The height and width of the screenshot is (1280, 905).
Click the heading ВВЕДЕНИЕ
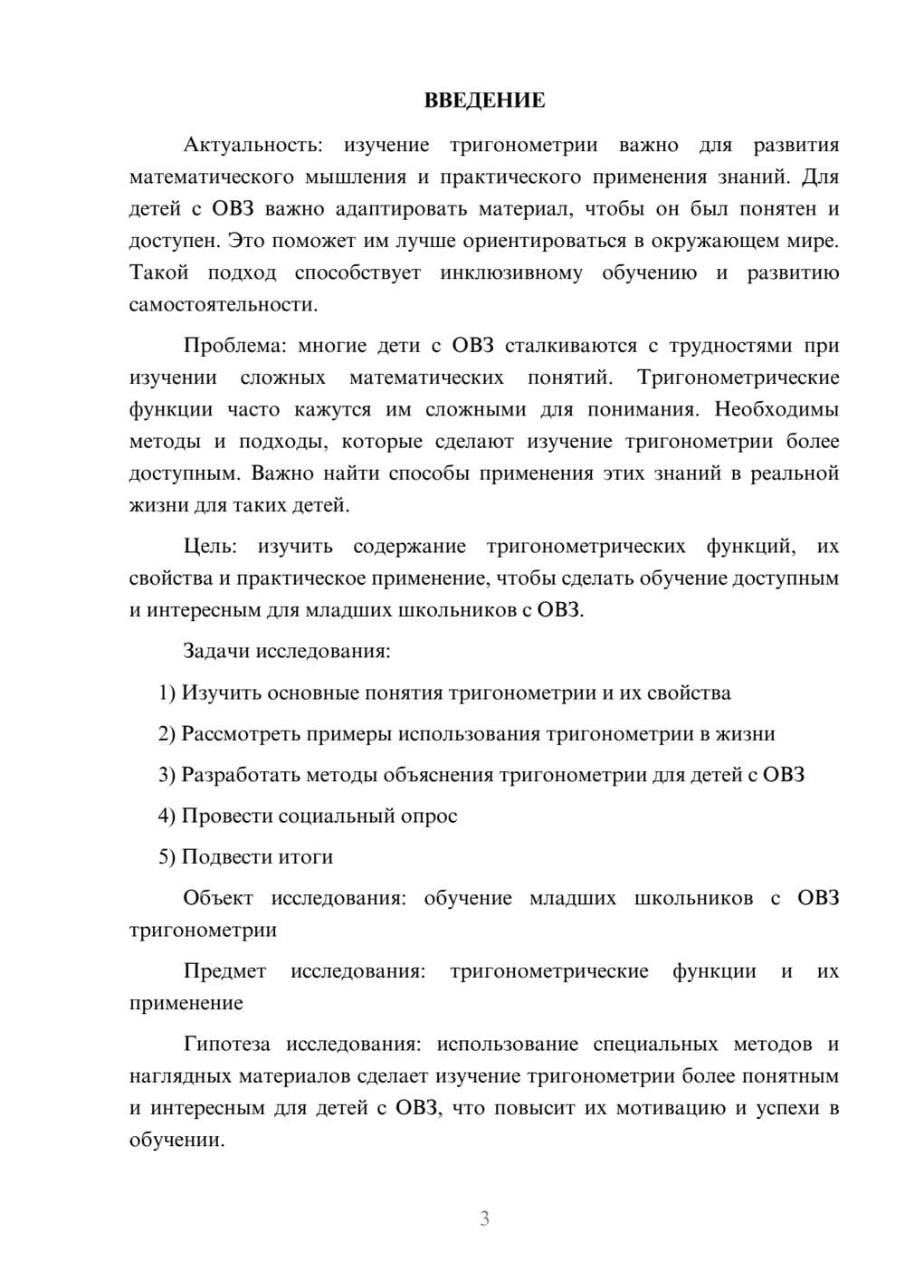pyautogui.click(x=484, y=100)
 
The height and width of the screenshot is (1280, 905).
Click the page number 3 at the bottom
pyautogui.click(x=484, y=1218)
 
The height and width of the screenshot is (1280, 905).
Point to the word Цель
pyautogui.click(x=210, y=546)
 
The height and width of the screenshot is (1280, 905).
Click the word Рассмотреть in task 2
pyautogui.click(x=237, y=733)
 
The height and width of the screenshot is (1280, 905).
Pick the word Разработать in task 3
pyautogui.click(x=238, y=775)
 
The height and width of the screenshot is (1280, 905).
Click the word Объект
pyautogui.click(x=214, y=898)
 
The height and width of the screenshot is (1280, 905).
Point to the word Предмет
pyautogui.click(x=224, y=971)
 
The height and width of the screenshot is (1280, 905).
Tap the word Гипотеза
pyautogui.click(x=226, y=1044)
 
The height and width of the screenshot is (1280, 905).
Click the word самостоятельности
pyautogui.click(x=222, y=304)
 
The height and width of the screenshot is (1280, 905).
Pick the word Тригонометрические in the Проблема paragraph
pyautogui.click(x=738, y=377)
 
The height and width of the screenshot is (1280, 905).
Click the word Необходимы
pyautogui.click(x=776, y=408)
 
